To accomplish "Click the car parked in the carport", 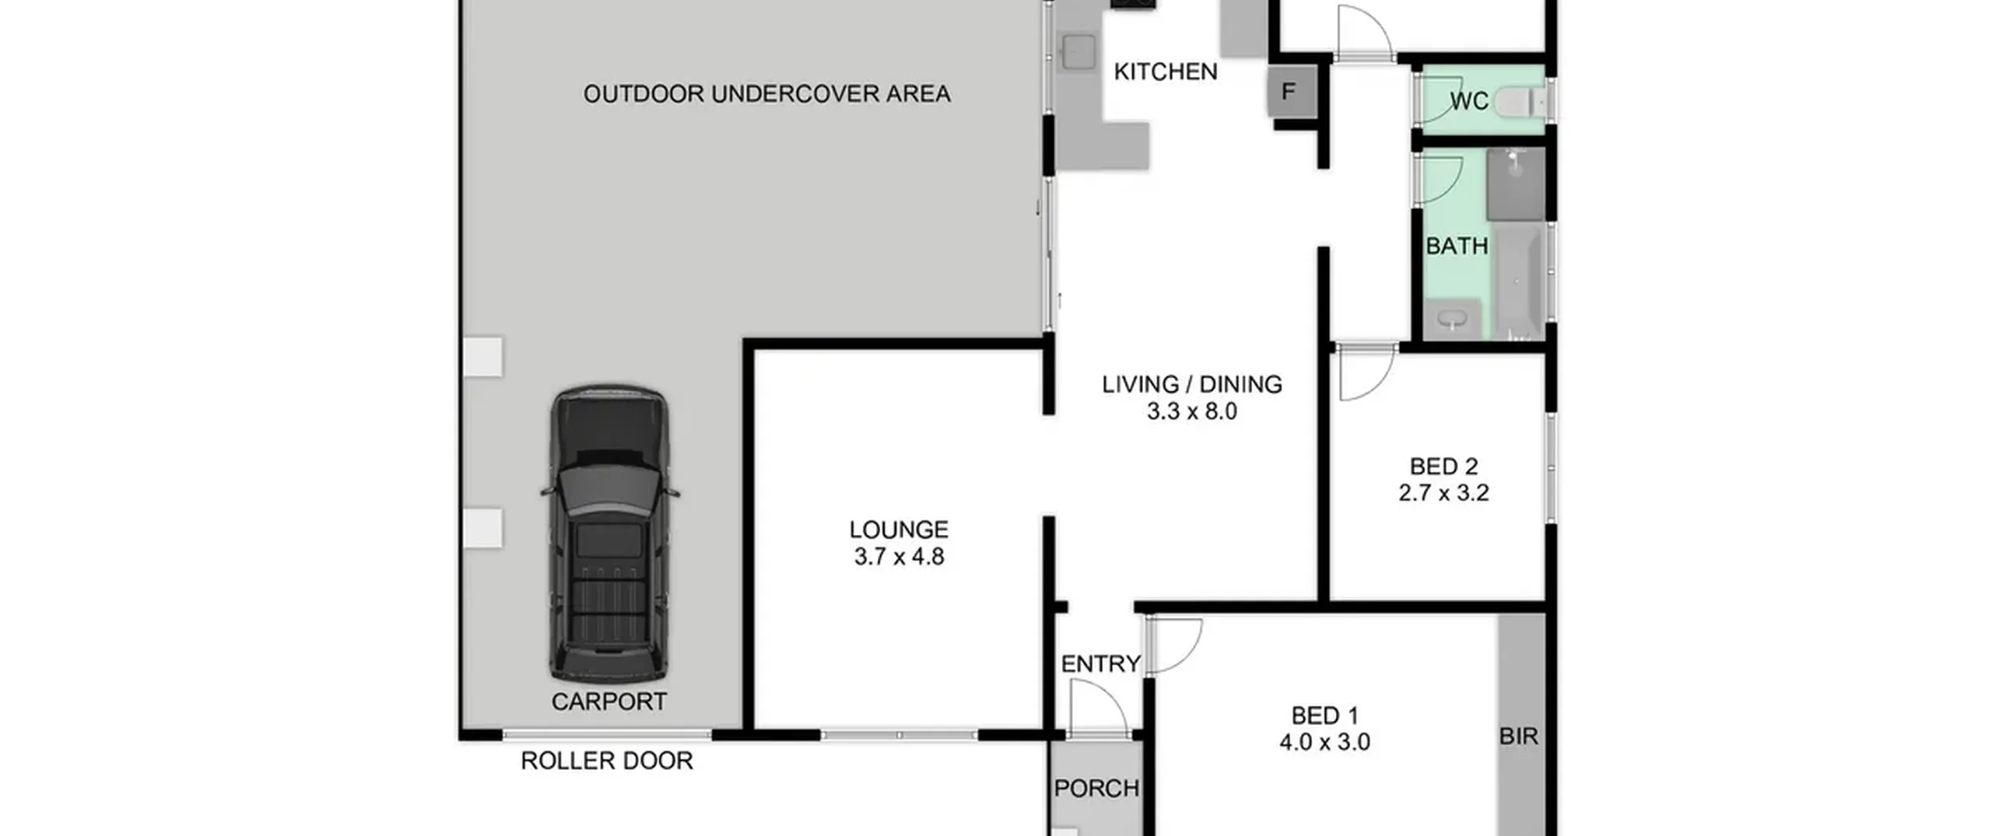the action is tap(609, 534).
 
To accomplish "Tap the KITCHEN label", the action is tap(1165, 72).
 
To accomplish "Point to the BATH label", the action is tap(1457, 247).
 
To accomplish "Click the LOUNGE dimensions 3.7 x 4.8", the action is tap(899, 557).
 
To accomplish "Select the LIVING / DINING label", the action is tap(1191, 384).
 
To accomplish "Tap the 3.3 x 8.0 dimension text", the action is tap(1191, 411).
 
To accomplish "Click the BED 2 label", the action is tap(1443, 467).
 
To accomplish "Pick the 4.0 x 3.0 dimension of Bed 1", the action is tap(1324, 742).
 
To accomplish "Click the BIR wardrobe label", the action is tap(1518, 736).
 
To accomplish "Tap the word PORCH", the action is tap(1096, 789).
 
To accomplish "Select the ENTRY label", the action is tap(1100, 664).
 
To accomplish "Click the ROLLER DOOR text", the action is tap(606, 761).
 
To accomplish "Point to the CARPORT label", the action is tap(608, 702).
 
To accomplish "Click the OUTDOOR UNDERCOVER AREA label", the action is tap(766, 94).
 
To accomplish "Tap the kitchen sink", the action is tap(1078, 51).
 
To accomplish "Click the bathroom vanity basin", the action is tap(1451, 319).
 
